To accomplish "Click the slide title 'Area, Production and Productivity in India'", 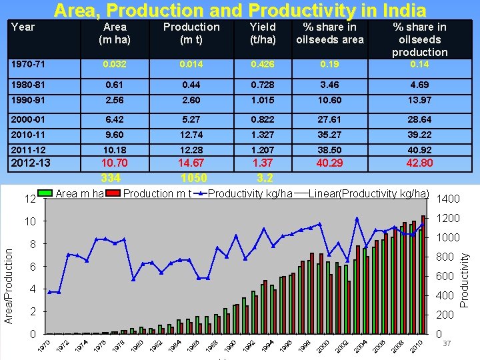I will pos(239,11).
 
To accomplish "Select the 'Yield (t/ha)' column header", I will pos(263,33).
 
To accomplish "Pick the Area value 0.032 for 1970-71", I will pos(115,64).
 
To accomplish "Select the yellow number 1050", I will pos(193,178).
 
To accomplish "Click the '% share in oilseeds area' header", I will pos(330,33).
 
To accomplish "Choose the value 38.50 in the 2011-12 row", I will pos(330,151).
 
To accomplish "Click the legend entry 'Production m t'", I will pos(157,193).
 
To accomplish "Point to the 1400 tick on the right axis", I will pos(447,199).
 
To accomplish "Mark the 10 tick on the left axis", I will pos(30,221).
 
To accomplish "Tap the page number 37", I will pos(447,343).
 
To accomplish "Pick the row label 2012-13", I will pos(31,163).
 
